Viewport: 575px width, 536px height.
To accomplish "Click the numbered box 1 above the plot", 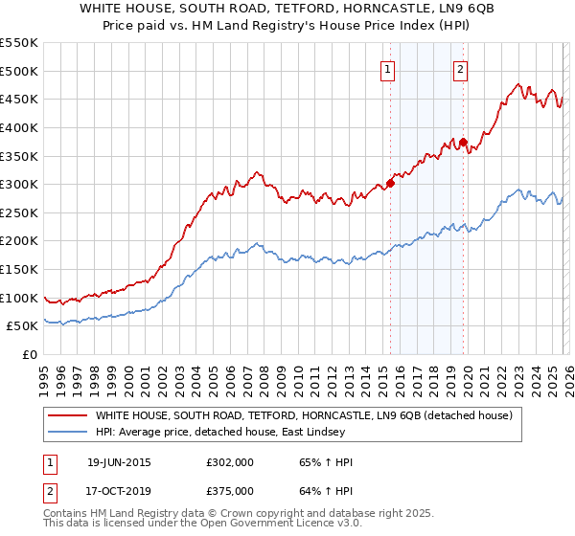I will (387, 68).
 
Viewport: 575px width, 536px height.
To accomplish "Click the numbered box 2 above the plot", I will (460, 68).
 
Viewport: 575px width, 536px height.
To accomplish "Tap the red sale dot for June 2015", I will (390, 183).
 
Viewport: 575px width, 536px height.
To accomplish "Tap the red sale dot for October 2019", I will (463, 142).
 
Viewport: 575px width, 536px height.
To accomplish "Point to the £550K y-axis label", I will (19, 43).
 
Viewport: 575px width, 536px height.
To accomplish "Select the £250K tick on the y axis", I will (19, 212).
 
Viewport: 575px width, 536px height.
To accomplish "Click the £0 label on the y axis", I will (29, 354).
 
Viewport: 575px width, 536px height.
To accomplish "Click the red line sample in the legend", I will (68, 415).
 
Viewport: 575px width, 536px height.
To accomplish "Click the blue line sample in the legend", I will (68, 432).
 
